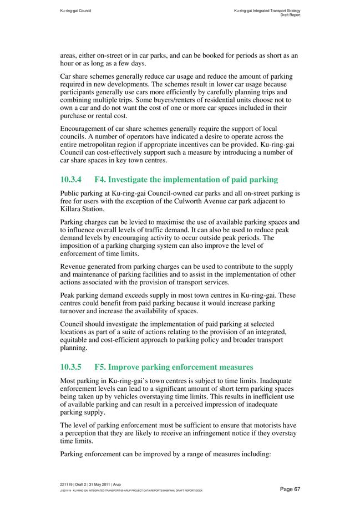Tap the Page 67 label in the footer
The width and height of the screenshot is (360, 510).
[x=290, y=489]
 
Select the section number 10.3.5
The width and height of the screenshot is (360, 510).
[x=73, y=366]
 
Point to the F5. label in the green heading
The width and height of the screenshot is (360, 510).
[x=103, y=366]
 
